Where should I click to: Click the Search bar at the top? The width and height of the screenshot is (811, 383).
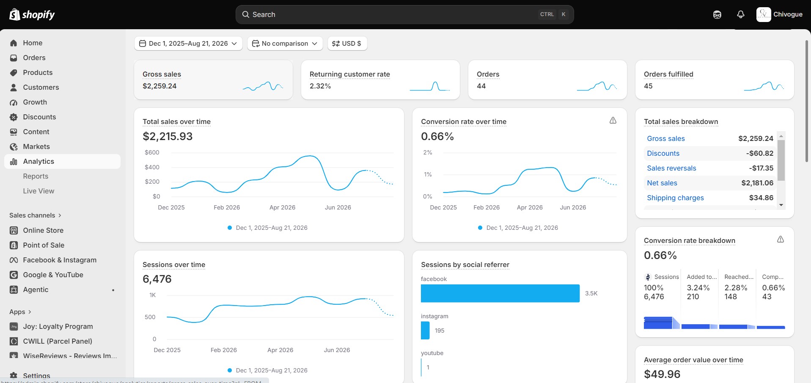(x=404, y=14)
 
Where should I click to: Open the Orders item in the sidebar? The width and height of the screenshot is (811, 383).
(x=34, y=58)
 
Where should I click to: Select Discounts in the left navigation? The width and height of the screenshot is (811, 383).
(x=39, y=117)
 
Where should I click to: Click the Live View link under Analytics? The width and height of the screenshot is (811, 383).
(x=38, y=191)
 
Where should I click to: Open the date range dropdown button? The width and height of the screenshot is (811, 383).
(x=188, y=43)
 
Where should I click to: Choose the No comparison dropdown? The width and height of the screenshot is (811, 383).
(x=285, y=43)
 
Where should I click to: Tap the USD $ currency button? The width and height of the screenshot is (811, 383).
(x=347, y=43)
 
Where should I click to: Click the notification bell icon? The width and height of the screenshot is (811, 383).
(x=740, y=14)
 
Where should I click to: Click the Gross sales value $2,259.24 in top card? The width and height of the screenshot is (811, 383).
(x=159, y=86)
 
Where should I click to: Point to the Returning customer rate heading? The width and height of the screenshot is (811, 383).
(x=350, y=74)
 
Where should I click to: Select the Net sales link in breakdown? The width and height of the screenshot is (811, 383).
(x=662, y=183)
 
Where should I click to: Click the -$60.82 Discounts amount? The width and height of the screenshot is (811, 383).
(x=760, y=153)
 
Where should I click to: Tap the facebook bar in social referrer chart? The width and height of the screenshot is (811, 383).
(x=500, y=293)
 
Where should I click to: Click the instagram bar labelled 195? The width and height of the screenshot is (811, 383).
(x=425, y=331)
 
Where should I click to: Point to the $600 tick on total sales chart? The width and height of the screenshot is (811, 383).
(x=152, y=152)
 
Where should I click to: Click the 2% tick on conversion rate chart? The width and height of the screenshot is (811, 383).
(x=428, y=152)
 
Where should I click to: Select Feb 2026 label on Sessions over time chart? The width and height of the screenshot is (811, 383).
(x=224, y=350)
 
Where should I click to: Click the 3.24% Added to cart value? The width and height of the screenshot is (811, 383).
(x=698, y=288)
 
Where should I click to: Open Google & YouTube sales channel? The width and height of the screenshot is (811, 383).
(x=53, y=275)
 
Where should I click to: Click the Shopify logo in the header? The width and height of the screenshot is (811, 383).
(x=32, y=14)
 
